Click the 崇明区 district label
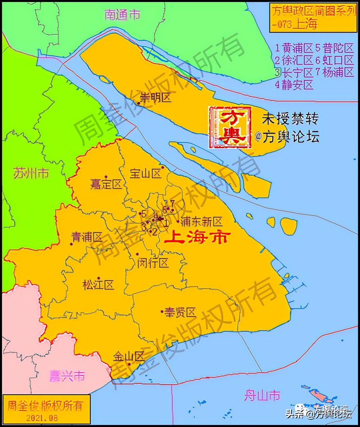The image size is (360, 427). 155,98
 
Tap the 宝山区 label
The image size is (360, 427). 145,173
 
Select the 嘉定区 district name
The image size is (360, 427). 106,184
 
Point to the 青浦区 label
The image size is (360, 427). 87,237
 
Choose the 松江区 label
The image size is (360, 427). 98,285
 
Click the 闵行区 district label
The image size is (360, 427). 153,263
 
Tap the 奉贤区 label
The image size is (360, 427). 180,312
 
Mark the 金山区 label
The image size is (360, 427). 128,357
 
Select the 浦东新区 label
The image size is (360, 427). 201,222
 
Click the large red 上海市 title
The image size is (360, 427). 197,238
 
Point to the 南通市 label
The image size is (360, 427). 122,15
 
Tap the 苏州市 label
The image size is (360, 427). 31,173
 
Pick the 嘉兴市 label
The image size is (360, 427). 67,376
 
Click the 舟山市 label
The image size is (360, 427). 262,396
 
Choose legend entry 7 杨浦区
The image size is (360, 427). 334,72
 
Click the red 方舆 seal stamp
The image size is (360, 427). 230,127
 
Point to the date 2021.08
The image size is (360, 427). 42,418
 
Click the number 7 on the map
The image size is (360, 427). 172,203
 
